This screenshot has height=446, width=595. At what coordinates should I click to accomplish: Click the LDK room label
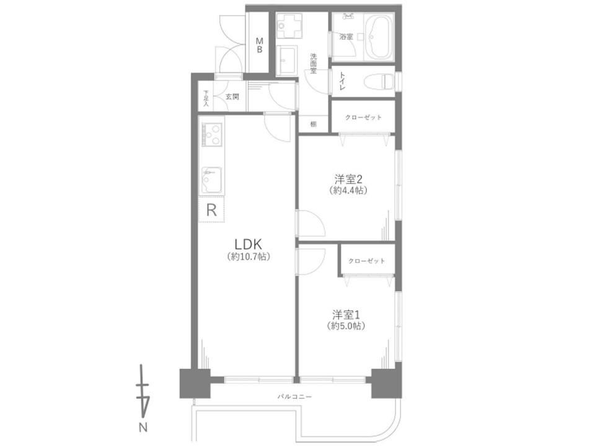coord(249,243)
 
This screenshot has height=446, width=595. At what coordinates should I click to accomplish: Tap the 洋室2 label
coord(348,179)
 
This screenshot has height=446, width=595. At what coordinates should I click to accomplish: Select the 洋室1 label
coord(346,315)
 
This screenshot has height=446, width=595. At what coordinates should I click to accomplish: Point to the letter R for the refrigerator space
coord(211,210)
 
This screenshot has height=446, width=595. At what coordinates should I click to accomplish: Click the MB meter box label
coord(260,45)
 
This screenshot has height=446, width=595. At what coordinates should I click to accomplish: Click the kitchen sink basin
coord(212,180)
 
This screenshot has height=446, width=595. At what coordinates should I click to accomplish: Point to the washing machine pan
coord(289,26)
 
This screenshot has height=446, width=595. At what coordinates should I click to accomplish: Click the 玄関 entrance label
coord(232,97)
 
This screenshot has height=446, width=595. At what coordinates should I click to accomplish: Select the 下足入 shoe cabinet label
coord(206,98)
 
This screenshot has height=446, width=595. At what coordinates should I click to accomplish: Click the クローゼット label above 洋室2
coord(363,117)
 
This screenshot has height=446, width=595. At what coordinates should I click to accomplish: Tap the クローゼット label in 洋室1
coord(366,261)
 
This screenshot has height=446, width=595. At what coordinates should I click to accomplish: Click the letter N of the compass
coord(143,428)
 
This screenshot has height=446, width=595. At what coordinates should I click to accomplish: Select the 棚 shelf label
coord(314,124)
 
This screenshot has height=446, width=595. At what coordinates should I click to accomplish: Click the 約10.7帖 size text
coord(249,256)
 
